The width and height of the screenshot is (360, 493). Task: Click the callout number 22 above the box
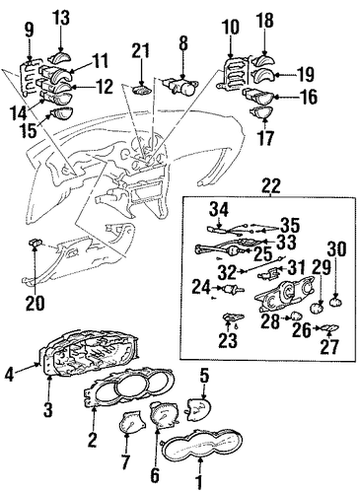coord(271,186)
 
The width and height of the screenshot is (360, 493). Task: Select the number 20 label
coord(35,303)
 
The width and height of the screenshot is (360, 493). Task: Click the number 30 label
coord(336,249)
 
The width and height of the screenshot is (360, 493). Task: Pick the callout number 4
coord(9,375)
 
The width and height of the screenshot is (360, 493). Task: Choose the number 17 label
coord(265,137)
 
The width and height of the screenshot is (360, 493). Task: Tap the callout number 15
coord(28,130)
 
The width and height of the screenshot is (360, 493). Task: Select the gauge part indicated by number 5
coord(198,409)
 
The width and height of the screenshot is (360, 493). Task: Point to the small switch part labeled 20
coord(36,244)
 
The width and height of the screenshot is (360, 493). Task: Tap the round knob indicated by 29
coord(318,308)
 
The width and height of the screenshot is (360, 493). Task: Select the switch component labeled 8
coord(180,85)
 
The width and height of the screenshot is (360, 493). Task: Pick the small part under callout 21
coord(142,90)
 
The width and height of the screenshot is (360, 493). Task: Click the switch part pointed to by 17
coord(261,112)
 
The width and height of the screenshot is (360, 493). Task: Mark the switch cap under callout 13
coord(61,57)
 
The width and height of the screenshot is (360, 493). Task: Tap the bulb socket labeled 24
coord(232,290)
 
